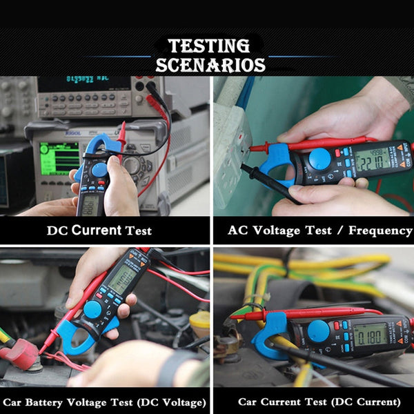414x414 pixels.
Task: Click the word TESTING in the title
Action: (x=209, y=46)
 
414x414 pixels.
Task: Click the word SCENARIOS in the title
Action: (x=210, y=66)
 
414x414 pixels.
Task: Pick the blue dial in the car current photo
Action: (x=318, y=331)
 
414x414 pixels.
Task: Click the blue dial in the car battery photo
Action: (x=92, y=309)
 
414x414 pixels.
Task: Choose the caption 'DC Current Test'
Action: (x=99, y=230)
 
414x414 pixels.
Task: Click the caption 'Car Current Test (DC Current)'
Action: (x=319, y=402)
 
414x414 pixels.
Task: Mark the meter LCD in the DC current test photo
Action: (x=90, y=204)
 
